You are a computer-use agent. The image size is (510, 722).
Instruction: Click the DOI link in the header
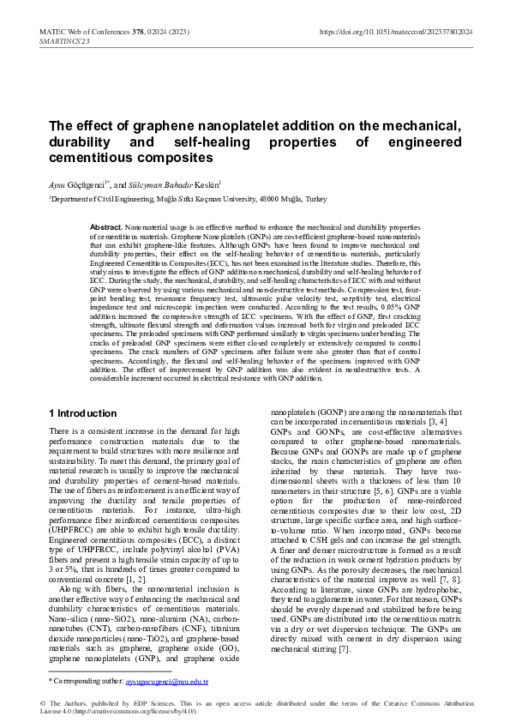[395, 31]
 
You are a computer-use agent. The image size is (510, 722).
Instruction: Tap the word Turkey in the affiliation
[316, 198]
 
